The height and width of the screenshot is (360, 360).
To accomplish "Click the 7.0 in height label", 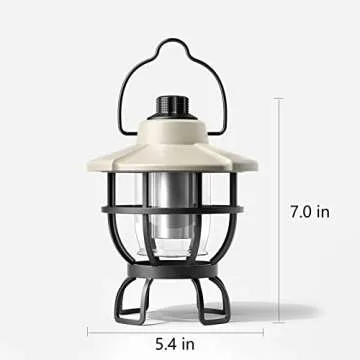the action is pos(310,212).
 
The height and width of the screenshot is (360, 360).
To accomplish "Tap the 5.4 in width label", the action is pos(175,344).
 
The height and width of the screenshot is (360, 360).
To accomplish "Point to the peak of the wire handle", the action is pos(172,39).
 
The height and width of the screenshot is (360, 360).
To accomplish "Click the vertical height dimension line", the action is pos(278,210).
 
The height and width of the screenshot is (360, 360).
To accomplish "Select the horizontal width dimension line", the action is pos(175,332).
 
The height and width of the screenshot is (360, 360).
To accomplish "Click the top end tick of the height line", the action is pos(278,98).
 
